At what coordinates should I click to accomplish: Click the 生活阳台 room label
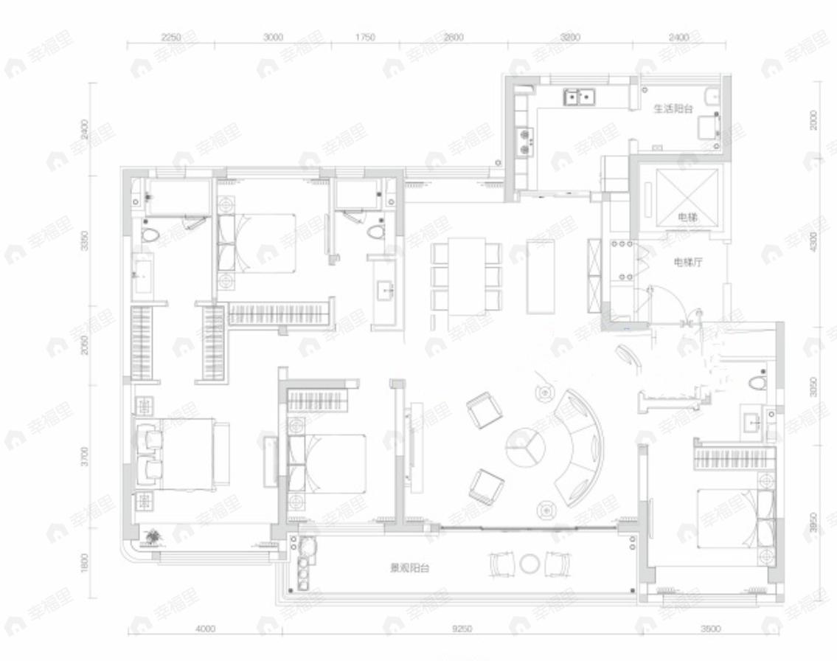point(673,108)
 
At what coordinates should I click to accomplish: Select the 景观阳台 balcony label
point(409,568)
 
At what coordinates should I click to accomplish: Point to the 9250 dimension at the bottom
point(462,629)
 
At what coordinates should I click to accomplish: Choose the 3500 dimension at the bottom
point(709,629)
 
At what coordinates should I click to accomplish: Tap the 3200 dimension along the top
point(570,37)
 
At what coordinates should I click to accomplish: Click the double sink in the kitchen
point(580,97)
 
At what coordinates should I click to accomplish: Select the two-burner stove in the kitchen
point(527,141)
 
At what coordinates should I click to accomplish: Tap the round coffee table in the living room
point(524,447)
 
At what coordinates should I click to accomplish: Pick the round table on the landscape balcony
point(529,564)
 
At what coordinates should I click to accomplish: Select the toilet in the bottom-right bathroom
point(757,384)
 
